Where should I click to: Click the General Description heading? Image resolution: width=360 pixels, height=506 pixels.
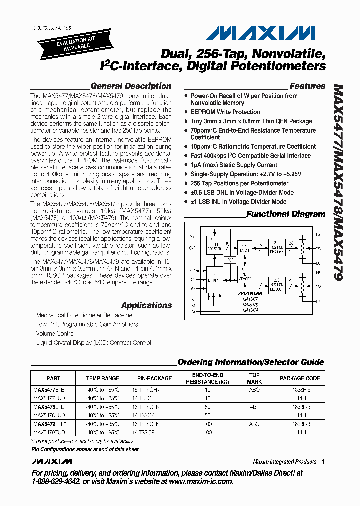pos(131,86)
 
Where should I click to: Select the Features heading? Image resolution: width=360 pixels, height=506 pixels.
pos(307,86)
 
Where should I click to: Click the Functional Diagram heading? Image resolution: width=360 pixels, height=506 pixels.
pos(286,214)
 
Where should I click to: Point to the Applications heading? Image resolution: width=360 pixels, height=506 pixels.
pos(146,305)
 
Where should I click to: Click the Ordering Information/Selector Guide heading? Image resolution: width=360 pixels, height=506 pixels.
pos(251,362)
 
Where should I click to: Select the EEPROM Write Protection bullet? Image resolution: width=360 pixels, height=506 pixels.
pos(225,112)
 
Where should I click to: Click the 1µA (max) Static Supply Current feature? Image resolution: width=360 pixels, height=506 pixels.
pos(234,165)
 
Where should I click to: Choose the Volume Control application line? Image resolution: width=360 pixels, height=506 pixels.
pos(55,333)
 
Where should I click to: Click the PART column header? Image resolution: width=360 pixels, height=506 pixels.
pos(53,378)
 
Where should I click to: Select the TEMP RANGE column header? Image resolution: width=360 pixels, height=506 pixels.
pos(102,378)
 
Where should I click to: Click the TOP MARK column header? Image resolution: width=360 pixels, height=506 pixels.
pos(254,378)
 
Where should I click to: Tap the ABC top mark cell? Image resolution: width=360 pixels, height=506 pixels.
pos(254,388)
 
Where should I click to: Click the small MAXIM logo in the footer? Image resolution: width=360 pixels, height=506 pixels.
pos(52,461)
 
